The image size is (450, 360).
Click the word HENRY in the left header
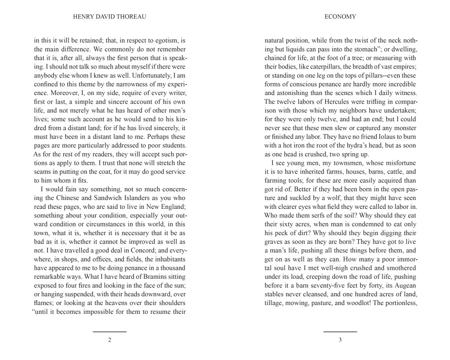coord(81,17)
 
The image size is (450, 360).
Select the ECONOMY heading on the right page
coord(340,17)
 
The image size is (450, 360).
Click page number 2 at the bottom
coord(109,340)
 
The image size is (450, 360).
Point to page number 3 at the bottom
coord(340,340)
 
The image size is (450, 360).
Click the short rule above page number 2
coord(109,331)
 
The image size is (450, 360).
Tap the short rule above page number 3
coord(340,331)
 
